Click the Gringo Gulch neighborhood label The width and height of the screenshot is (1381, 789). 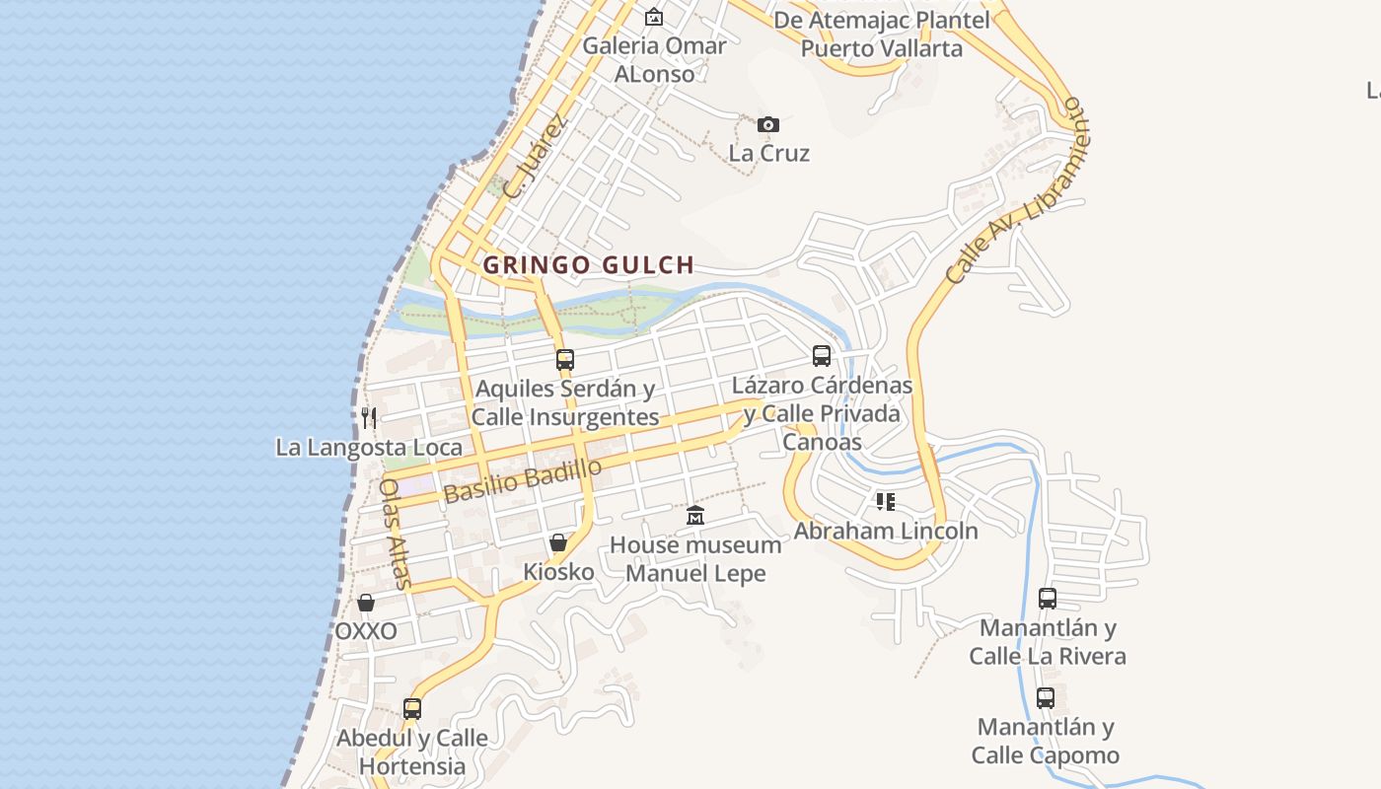click(589, 264)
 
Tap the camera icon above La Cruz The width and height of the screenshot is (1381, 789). click(768, 124)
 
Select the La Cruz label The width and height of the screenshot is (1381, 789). click(769, 153)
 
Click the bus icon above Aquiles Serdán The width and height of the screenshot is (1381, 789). click(565, 360)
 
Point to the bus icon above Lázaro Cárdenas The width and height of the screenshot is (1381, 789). click(822, 356)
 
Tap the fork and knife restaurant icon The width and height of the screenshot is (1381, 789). click(369, 417)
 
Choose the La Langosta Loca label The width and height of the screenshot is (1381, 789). click(369, 447)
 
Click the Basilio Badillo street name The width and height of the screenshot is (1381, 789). click(522, 481)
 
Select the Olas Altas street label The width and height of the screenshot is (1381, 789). click(395, 534)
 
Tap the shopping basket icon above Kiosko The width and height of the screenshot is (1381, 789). click(558, 542)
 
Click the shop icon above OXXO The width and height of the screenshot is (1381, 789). click(366, 603)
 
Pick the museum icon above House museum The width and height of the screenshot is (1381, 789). click(696, 516)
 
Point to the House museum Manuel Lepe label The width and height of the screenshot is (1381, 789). click(695, 558)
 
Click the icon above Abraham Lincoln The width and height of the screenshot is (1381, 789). click(886, 502)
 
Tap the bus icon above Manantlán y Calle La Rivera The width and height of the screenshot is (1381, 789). click(1048, 599)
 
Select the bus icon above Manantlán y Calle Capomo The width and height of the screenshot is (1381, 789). click(1046, 698)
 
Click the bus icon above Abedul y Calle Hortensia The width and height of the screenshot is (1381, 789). click(412, 709)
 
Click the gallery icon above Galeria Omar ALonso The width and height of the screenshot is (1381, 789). click(654, 17)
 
